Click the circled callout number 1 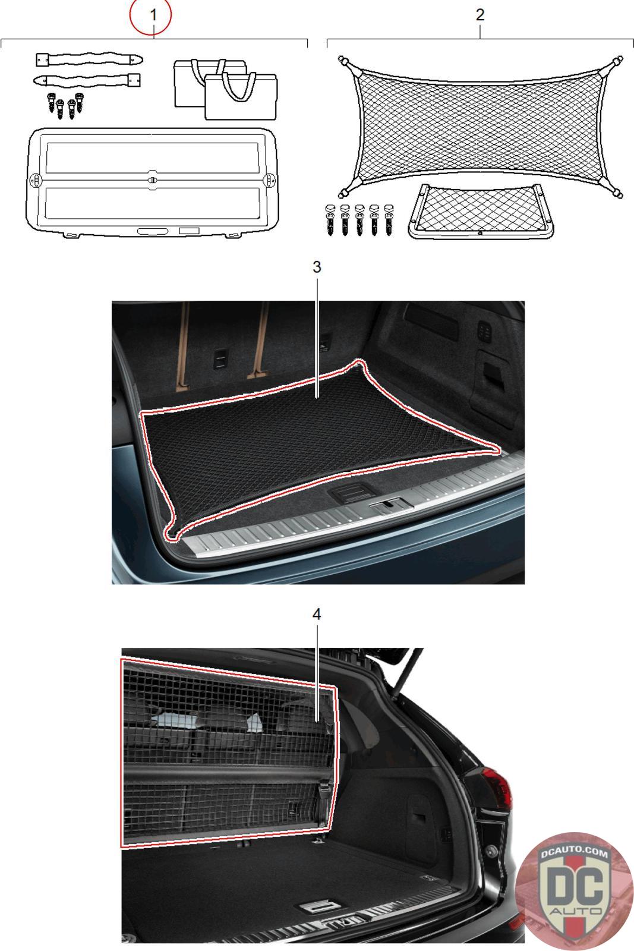pos(153,15)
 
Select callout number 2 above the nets pos(480,15)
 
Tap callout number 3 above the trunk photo pos(317,267)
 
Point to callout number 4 pos(317,615)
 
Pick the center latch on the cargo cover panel pos(153,179)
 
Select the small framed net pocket pos(480,210)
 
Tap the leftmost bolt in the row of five pos(330,219)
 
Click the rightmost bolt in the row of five pos(389,219)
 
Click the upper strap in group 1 pos(89,59)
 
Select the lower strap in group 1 pos(87,80)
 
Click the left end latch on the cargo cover pos(36,180)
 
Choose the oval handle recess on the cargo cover pos(153,231)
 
